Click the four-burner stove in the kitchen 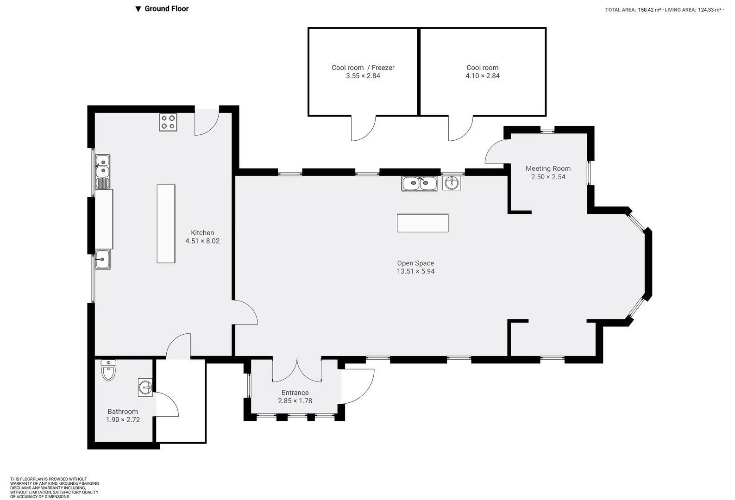[168, 122]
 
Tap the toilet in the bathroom [108, 371]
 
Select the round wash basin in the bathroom [145, 387]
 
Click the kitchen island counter [166, 224]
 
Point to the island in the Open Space [422, 223]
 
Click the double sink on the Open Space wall [419, 184]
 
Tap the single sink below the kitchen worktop [102, 259]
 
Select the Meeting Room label [548, 169]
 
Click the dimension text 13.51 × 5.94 [415, 271]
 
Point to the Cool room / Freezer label [363, 68]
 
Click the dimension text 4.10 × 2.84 [483, 76]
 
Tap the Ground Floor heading [166, 8]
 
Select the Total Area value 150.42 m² [649, 10]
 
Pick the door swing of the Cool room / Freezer [363, 129]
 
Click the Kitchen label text [202, 233]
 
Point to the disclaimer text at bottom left [54, 487]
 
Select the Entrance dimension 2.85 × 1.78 [295, 401]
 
